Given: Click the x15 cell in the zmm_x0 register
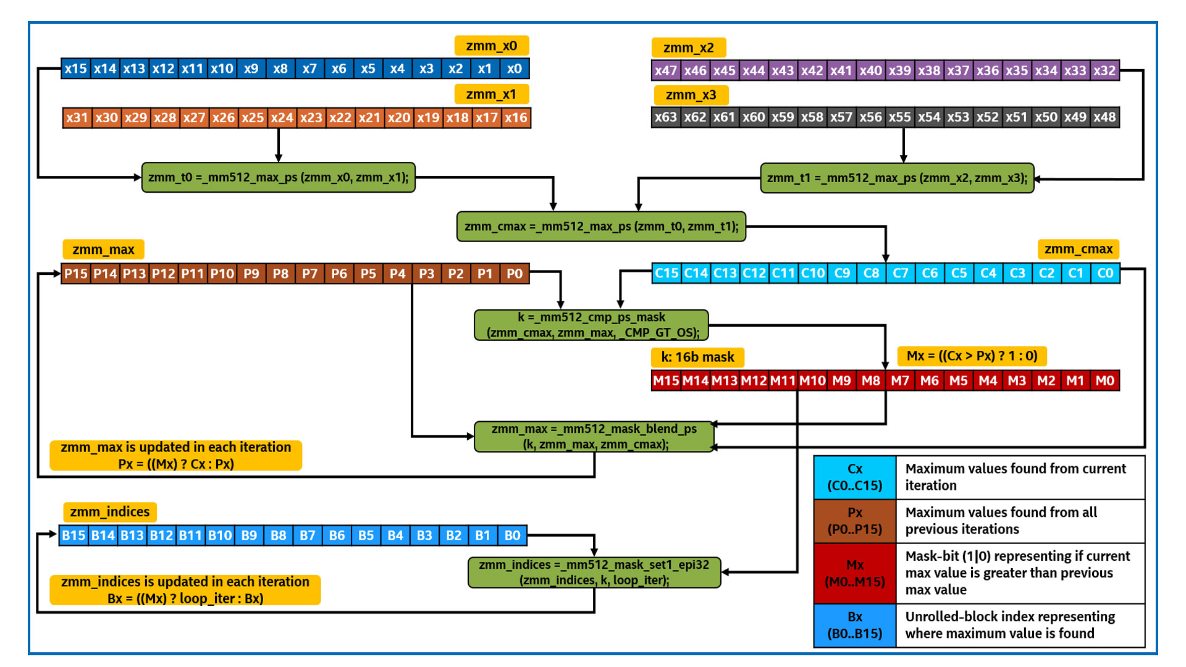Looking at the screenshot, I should tap(76, 69).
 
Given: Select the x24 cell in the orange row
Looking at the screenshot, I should tap(282, 117).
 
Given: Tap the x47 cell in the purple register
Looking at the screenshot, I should tap(666, 70).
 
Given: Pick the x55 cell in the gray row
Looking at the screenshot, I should tap(899, 117).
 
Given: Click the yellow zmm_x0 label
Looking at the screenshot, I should tap(491, 46).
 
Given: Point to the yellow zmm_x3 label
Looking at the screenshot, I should tap(691, 95).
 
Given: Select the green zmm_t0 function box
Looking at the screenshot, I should tap(278, 178).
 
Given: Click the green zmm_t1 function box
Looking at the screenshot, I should tap(896, 178).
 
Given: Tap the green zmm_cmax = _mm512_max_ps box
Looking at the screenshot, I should tap(601, 227).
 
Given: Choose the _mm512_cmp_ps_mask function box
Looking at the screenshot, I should tap(591, 325).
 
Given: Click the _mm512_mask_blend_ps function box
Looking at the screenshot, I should tap(594, 437).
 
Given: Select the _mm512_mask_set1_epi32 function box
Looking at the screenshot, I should tap(594, 573).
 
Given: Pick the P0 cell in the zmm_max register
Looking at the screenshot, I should tap(514, 274).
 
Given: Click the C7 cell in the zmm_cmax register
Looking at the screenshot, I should tap(900, 273).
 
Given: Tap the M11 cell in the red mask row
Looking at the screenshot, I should tap(783, 380).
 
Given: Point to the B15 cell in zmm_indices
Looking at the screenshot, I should tap(74, 535).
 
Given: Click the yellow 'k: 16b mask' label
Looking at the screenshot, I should tap(697, 357).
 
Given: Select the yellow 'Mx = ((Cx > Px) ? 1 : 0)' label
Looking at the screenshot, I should tap(971, 356).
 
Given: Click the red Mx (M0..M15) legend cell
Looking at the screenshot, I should tap(854, 573).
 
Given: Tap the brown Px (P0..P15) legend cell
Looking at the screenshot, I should tap(854, 521).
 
